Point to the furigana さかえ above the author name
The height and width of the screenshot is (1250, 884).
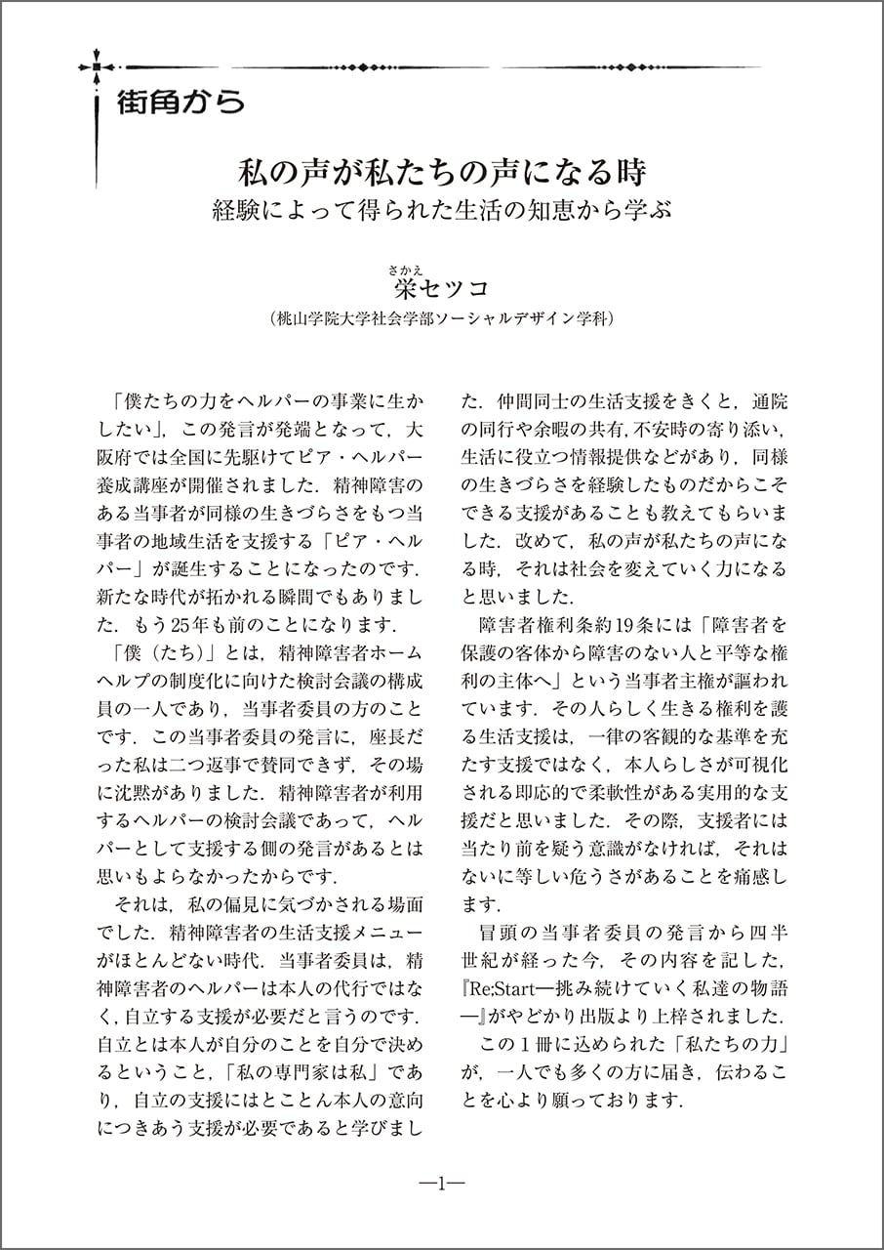404,268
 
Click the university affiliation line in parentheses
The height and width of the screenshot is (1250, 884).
442,318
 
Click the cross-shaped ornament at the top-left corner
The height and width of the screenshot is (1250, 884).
97,67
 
